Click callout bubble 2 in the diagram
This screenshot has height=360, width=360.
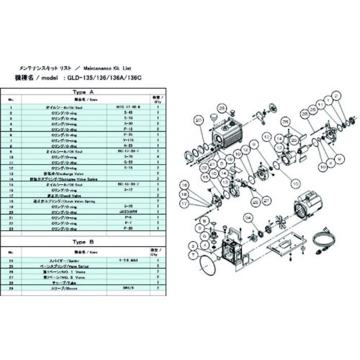pos(337,96)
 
